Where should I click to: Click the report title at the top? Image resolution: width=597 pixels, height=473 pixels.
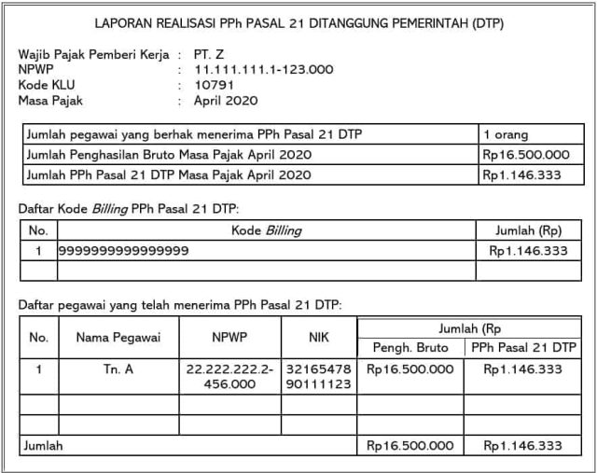click(298, 22)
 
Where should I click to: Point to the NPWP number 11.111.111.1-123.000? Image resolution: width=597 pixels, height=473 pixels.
click(264, 69)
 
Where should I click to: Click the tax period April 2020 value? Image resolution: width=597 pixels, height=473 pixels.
click(227, 100)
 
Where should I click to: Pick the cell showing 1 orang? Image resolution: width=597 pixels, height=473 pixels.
click(505, 134)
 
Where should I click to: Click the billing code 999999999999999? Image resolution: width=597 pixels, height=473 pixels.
click(123, 250)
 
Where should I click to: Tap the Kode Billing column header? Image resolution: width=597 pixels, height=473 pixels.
click(266, 230)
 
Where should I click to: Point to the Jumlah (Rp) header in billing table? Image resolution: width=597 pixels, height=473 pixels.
click(528, 230)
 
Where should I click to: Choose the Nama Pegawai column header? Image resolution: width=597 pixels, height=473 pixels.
click(118, 338)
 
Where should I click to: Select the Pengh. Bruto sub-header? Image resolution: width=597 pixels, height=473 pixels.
click(410, 348)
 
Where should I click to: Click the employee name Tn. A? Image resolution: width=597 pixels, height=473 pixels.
click(118, 369)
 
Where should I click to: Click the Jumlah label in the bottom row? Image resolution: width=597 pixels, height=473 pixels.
click(45, 446)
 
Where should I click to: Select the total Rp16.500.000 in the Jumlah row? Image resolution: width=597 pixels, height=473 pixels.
click(410, 446)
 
